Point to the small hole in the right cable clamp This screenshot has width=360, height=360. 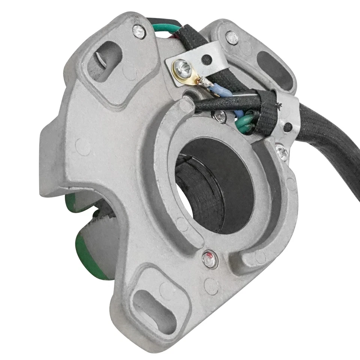pyautogui.click(x=287, y=127)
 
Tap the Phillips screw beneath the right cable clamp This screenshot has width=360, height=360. pyautogui.click(x=282, y=152)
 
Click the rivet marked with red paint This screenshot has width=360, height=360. pyautogui.click(x=210, y=260)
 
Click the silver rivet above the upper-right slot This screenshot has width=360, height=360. pyautogui.click(x=232, y=38)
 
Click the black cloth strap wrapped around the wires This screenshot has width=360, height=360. pyautogui.click(x=267, y=112)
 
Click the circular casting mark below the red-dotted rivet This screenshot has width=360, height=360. pyautogui.click(x=211, y=286)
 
